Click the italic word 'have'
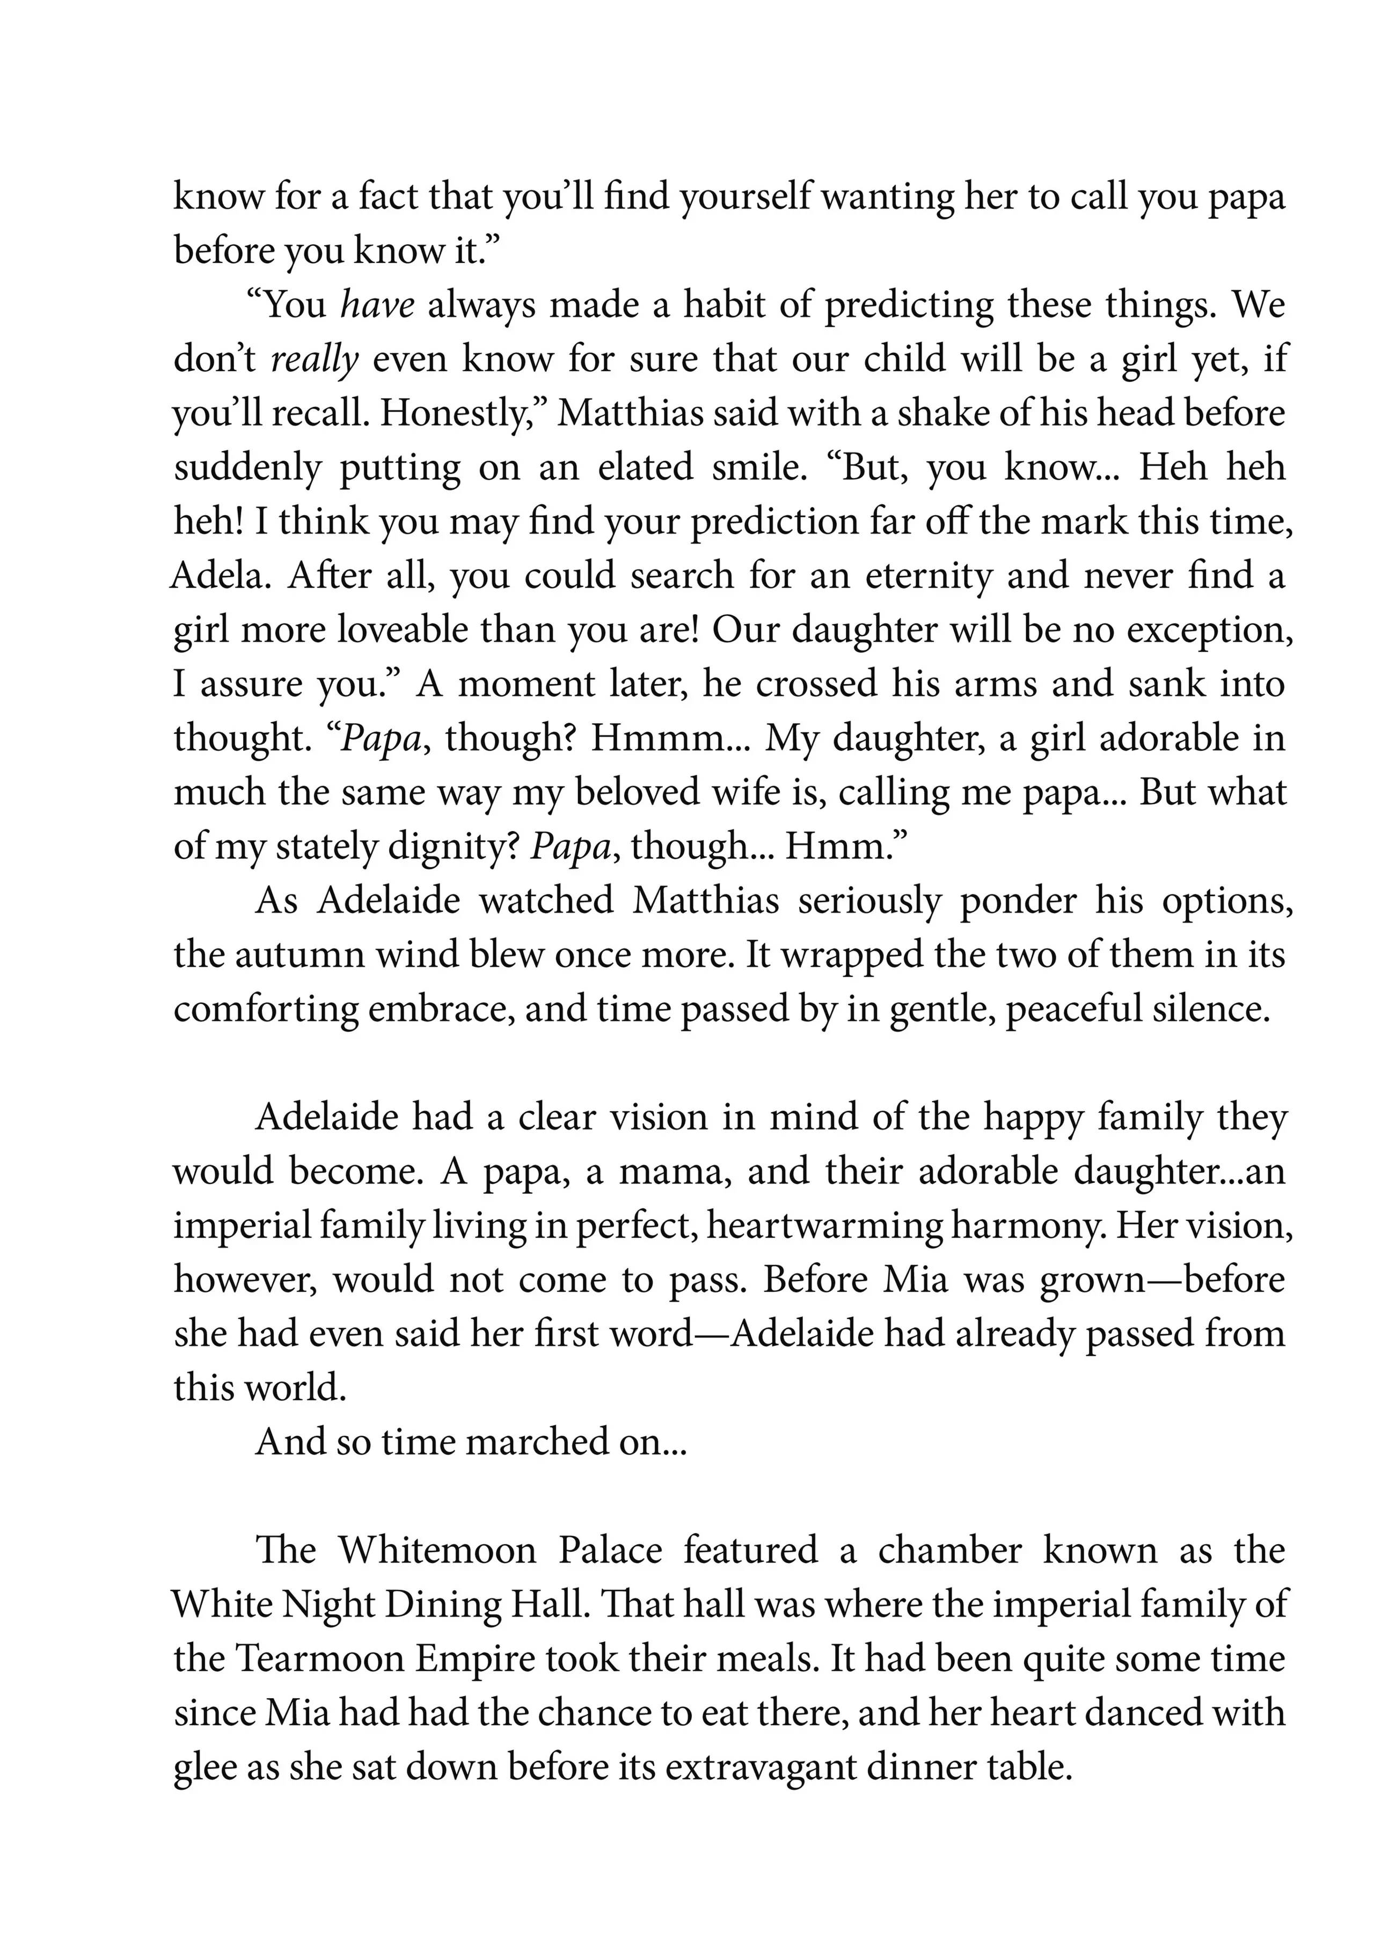click(x=378, y=305)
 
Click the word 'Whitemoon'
click(x=437, y=1550)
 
